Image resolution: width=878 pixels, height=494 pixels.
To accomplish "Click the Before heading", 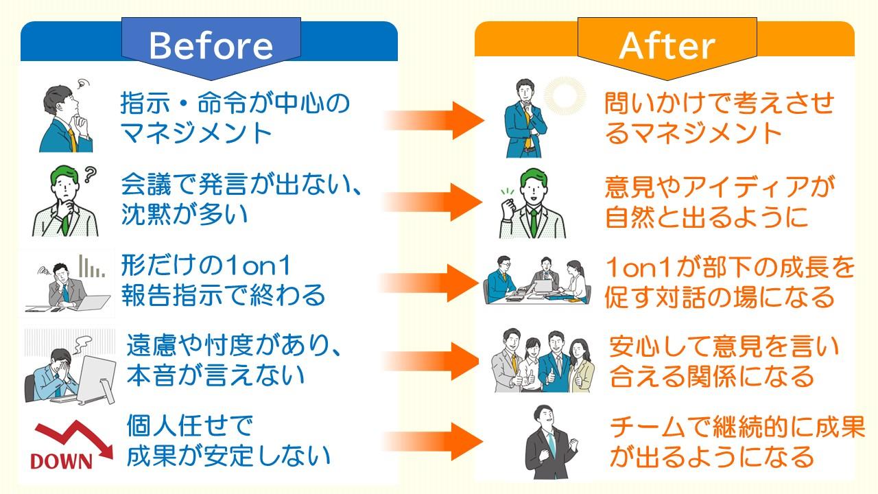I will click(211, 45).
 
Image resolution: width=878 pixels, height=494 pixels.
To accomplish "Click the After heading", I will click(667, 45).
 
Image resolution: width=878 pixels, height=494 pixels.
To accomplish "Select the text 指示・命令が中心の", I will click(235, 104).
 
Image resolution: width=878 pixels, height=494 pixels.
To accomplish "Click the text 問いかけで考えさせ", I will click(719, 104).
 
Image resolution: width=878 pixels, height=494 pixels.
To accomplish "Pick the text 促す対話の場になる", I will click(720, 296).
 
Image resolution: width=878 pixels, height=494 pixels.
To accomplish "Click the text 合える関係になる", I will click(711, 375).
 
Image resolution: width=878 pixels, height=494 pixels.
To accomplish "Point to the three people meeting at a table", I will click(539, 280).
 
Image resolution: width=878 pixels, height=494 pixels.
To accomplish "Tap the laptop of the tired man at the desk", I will click(93, 302).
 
